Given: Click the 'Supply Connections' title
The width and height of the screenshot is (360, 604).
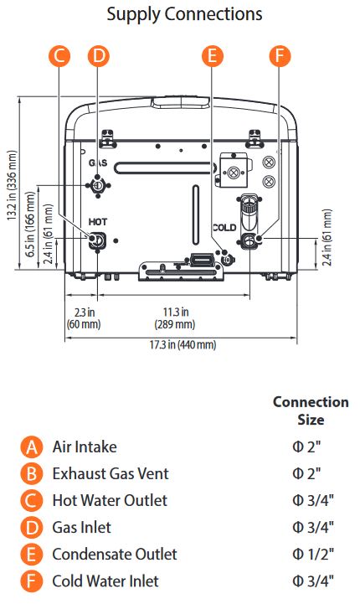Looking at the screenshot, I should click(185, 14).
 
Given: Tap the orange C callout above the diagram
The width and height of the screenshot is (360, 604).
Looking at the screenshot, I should click(59, 56).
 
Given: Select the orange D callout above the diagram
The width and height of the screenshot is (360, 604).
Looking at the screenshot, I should click(99, 56).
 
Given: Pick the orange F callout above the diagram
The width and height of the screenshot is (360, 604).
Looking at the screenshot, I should click(280, 56).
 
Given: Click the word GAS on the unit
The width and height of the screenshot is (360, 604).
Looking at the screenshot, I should click(97, 163).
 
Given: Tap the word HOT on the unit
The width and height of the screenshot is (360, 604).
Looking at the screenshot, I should click(98, 221).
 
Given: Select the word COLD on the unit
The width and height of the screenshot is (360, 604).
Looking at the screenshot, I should click(224, 227).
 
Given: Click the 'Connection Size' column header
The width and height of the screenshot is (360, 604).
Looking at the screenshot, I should click(311, 410).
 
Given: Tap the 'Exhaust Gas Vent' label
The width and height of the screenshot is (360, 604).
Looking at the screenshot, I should click(110, 473).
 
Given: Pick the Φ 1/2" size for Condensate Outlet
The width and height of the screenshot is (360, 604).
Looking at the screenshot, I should click(313, 554).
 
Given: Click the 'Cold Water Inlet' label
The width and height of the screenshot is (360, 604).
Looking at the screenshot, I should click(105, 581).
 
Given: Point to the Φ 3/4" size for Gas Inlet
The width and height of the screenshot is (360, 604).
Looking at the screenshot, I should click(313, 527).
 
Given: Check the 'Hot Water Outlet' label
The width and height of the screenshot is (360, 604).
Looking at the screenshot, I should click(109, 500).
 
